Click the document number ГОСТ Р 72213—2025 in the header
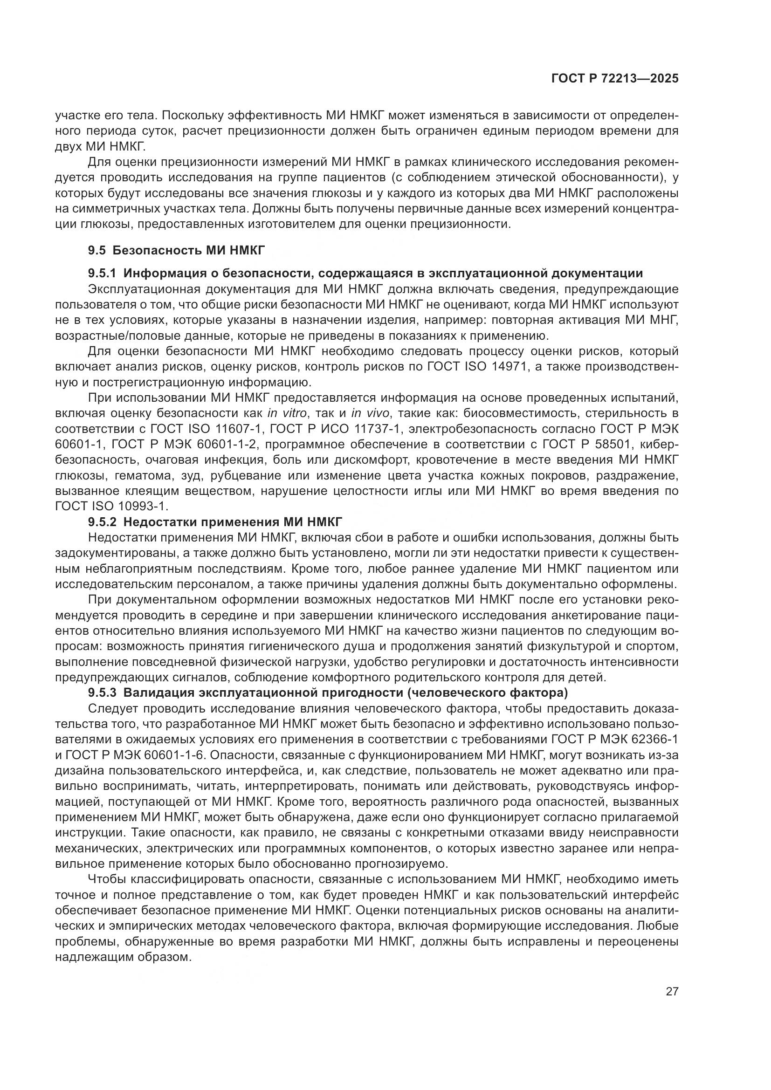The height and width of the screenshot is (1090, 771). point(614,79)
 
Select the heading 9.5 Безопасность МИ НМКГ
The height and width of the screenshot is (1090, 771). point(176,250)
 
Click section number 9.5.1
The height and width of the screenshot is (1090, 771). point(102,274)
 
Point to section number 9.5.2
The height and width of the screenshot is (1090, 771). point(102,522)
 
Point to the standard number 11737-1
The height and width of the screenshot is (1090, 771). point(378,429)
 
